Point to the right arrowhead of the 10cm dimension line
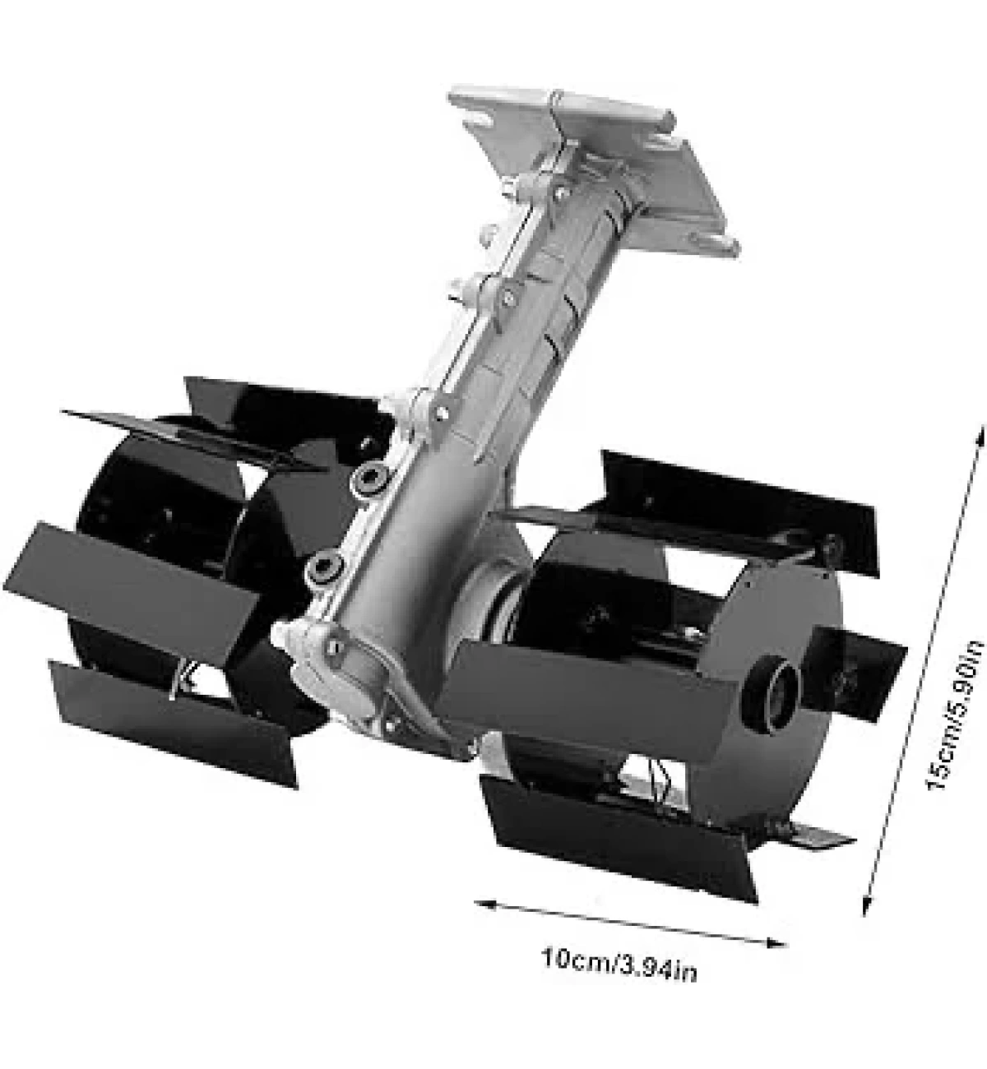coord(776,943)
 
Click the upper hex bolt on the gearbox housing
coord(371,476)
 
